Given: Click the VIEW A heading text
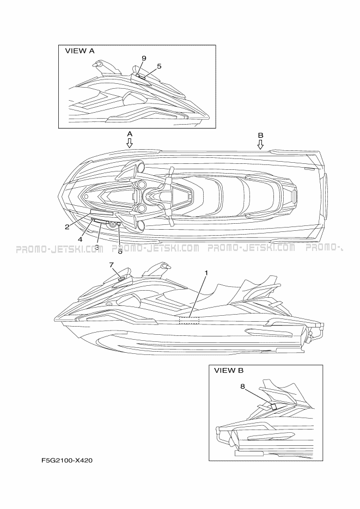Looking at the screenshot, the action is coord(80,51).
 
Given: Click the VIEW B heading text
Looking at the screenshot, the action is coord(229,370).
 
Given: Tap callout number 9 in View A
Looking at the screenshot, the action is coord(144,58).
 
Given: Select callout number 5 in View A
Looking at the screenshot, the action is coord(159,66).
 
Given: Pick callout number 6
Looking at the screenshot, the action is coord(120,252).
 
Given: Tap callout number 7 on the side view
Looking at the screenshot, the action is coord(111,265).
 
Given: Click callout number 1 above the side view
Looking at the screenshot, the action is coord(206,273).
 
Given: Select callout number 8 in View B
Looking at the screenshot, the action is coord(242,387).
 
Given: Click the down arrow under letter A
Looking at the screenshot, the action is coord(130,143).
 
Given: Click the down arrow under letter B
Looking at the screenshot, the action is coord(260,144).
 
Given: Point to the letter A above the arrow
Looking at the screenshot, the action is coord(130,134).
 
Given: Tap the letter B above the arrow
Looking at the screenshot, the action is coord(260,136).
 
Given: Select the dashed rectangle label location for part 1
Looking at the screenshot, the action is coord(189,321).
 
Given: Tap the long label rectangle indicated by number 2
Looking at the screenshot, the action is coord(102,213).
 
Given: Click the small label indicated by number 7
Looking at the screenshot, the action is coord(122,278).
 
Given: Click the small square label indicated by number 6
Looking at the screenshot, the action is coord(119,224).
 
